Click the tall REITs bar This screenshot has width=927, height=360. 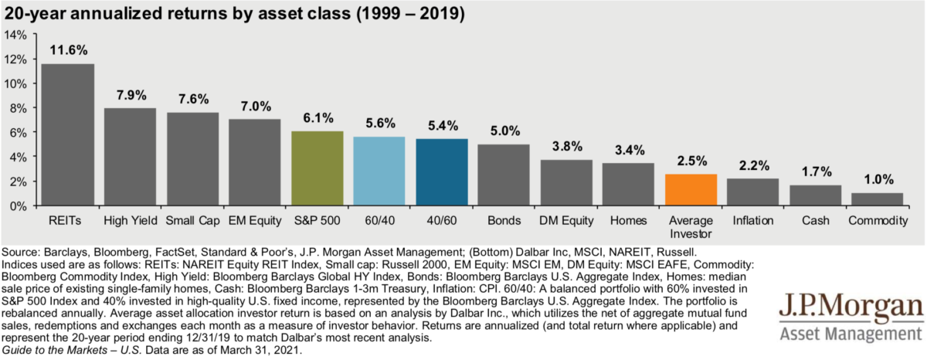68,135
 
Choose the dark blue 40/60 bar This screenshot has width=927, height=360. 441,172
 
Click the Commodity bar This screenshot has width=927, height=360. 878,199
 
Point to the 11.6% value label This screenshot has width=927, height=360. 68,50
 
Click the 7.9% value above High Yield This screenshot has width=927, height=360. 130,95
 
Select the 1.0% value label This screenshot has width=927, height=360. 878,179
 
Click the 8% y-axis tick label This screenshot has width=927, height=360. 18,108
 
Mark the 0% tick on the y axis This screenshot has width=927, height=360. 18,206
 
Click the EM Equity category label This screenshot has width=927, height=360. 254,221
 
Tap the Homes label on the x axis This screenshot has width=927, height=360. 628,221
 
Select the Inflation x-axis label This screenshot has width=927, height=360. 752,221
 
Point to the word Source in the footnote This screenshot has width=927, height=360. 22,252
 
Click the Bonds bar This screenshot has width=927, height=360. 504,175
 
